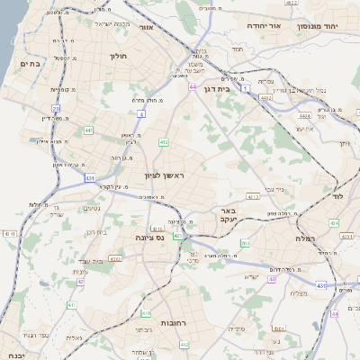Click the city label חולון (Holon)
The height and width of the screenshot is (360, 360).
pyautogui.click(x=118, y=56)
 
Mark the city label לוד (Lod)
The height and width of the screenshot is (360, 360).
pyautogui.click(x=338, y=195)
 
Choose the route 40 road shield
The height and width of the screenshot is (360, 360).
pyautogui.click(x=335, y=314)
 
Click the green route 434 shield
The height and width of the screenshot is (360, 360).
pyautogui.click(x=333, y=221)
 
